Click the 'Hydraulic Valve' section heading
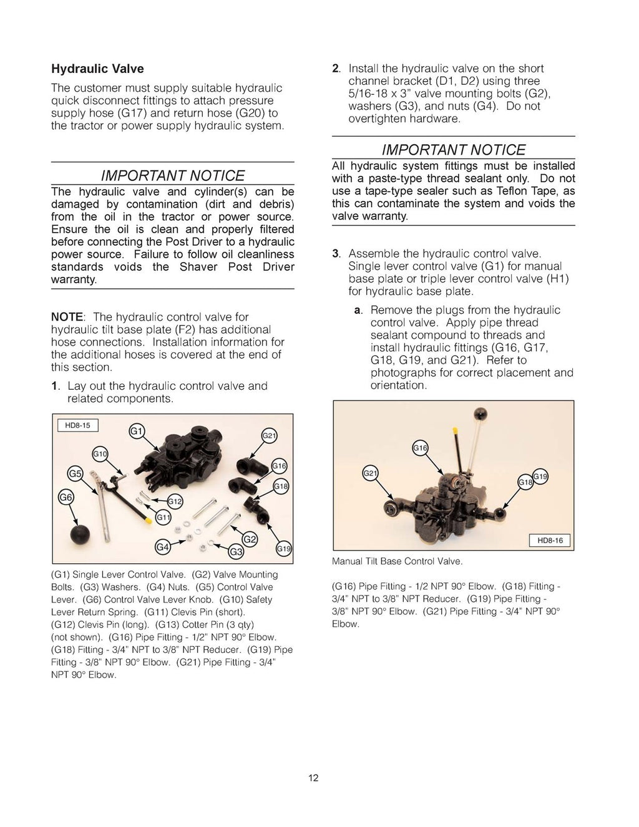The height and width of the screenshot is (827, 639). point(97,69)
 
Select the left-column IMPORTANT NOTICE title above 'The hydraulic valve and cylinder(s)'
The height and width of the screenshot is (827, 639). point(172,175)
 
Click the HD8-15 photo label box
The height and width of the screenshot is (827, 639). point(78,425)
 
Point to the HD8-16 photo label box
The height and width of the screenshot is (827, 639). point(550,540)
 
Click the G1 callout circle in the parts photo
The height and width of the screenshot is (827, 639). point(137,432)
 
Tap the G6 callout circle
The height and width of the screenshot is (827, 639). point(66,497)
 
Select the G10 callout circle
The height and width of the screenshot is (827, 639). point(100,454)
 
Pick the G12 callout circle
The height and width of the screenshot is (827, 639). point(175,501)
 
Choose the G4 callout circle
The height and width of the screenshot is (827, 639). point(162,548)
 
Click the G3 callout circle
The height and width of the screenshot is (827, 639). point(236,551)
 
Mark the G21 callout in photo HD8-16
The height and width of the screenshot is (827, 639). point(370,474)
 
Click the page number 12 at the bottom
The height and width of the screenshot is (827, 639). point(313,778)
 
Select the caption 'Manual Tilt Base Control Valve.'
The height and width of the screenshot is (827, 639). point(397,561)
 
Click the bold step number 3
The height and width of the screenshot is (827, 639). point(336,254)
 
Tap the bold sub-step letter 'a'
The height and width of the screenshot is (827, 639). point(358,310)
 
